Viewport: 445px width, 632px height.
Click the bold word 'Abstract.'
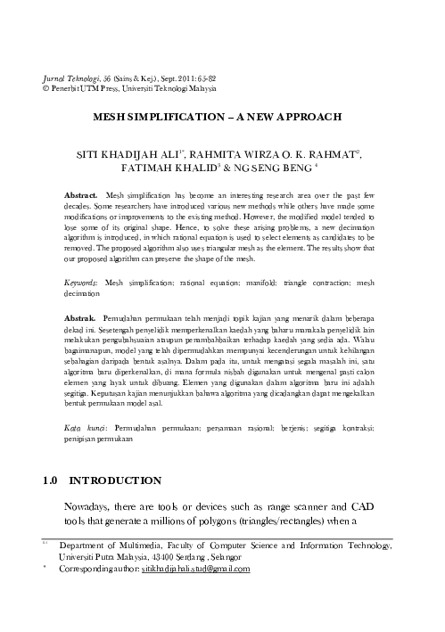(x=82, y=193)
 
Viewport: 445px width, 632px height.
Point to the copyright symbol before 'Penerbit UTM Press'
(x=46, y=90)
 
